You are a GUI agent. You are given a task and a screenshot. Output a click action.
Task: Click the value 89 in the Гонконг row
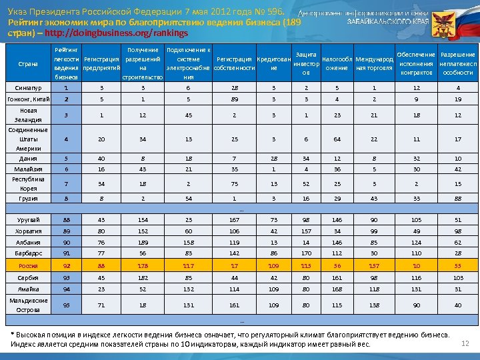click(x=235, y=99)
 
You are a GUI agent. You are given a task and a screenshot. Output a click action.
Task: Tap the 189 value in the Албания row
click(x=143, y=243)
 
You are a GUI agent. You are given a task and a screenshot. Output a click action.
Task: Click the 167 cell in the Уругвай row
click(x=235, y=219)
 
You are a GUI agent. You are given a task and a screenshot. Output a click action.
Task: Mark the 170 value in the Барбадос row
click(x=305, y=253)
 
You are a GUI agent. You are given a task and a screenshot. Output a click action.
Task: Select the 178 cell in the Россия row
click(x=143, y=266)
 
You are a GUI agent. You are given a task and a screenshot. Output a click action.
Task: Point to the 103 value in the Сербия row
click(x=458, y=277)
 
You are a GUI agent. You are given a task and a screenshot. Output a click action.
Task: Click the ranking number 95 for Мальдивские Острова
click(x=66, y=305)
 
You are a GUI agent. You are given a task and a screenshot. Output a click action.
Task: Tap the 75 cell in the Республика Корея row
click(x=235, y=183)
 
